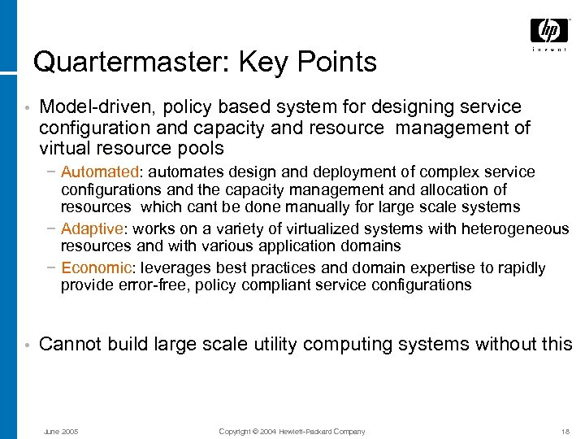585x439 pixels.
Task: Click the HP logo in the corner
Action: coord(549,32)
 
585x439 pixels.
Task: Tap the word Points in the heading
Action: coord(337,63)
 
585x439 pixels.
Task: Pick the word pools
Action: coord(201,149)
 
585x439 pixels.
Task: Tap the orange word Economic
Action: coord(96,268)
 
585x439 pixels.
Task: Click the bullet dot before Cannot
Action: coord(27,346)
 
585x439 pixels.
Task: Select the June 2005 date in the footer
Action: coord(61,432)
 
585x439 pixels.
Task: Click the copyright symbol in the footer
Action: coord(255,432)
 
